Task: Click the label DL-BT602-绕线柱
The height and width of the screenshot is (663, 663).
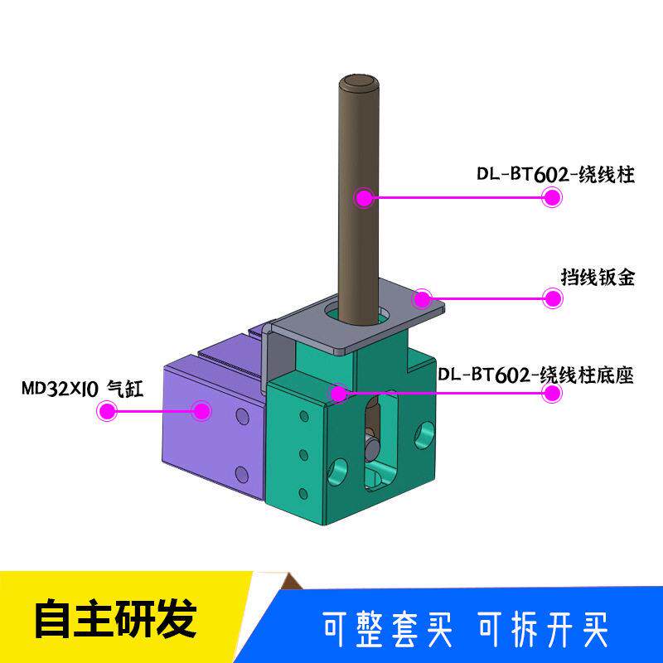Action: [x=555, y=174]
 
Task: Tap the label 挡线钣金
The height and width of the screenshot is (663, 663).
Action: [x=598, y=278]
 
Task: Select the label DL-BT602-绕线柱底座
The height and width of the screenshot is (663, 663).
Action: [x=535, y=375]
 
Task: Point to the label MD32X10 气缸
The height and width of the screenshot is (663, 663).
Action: [x=83, y=389]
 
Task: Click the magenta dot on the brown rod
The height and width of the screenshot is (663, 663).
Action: [x=364, y=197]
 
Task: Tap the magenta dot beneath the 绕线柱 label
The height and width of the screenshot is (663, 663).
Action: [x=552, y=197]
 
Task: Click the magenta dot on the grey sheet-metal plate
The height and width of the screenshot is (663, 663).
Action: [x=422, y=299]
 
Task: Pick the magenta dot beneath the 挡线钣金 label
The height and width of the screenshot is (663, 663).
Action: [x=552, y=298]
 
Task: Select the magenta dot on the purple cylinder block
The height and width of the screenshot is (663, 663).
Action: [x=201, y=410]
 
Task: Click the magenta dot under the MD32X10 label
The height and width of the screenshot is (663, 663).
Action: [x=107, y=410]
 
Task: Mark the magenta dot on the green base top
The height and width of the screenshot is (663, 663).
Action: [x=339, y=394]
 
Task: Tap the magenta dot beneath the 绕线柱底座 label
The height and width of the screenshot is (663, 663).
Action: [x=552, y=393]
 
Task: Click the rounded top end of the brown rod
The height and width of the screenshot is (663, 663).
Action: [x=359, y=82]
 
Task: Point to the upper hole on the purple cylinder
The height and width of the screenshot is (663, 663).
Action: [x=243, y=416]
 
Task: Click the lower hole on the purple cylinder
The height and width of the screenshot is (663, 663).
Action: [x=242, y=474]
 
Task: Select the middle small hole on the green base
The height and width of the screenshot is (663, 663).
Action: [x=303, y=455]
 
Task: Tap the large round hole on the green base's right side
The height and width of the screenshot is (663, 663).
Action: [x=424, y=435]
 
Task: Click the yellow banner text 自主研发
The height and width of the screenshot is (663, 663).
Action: [x=116, y=618]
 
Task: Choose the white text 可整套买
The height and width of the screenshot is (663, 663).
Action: [x=388, y=629]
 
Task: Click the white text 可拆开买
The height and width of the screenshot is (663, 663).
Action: [x=544, y=629]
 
